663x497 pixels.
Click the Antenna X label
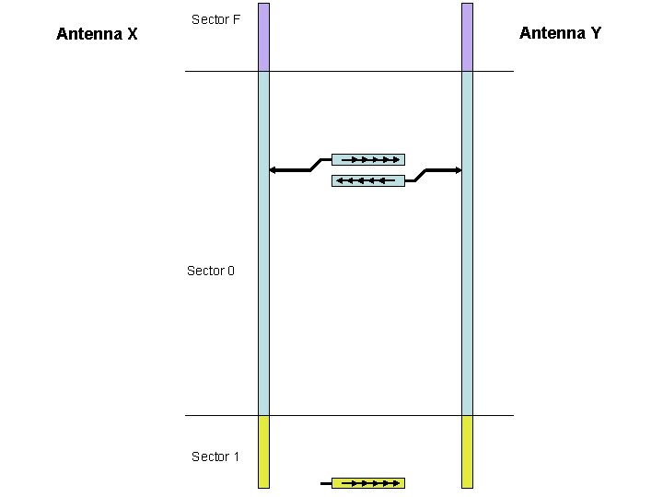coord(97,35)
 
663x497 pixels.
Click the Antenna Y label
coord(560,33)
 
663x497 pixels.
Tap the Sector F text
coord(215,19)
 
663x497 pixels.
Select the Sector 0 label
coord(211,271)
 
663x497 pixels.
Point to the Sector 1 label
coord(215,457)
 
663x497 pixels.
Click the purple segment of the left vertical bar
coord(263,37)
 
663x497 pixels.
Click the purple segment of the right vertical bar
coord(467,37)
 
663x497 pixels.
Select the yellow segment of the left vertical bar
coord(263,451)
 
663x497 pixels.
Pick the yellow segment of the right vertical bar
coord(467,451)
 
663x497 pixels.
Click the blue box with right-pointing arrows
coord(367,159)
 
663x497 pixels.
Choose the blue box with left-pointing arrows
coord(367,180)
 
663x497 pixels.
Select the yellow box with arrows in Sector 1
coord(367,482)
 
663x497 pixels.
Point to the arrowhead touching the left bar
coord(273,170)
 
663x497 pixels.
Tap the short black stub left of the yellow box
coord(325,482)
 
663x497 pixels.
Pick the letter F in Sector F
coord(236,19)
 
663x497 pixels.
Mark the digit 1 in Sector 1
coord(235,457)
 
